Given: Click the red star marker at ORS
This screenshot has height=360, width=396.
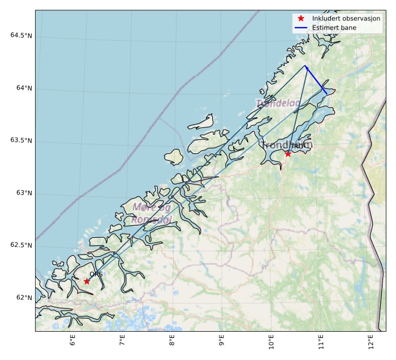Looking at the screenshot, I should [x=87, y=281].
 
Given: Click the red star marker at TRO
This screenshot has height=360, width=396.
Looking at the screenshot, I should [x=288, y=153].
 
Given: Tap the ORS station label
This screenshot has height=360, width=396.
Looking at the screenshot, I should [x=96, y=275].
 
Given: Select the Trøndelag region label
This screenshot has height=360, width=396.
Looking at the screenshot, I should [x=278, y=103].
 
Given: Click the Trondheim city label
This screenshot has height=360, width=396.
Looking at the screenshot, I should [x=287, y=145].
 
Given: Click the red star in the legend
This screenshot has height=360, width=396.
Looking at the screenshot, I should [x=301, y=19].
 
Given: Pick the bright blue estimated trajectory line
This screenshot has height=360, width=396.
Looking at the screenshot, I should [x=315, y=78].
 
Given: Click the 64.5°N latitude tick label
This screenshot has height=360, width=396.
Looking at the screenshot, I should [x=21, y=36].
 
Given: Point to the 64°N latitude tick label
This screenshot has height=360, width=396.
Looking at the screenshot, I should [x=23, y=88].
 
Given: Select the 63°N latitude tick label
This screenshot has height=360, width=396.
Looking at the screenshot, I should [x=23, y=193].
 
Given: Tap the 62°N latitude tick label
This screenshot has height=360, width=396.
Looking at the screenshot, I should [x=23, y=298].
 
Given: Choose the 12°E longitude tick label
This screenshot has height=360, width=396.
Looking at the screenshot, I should [x=371, y=342].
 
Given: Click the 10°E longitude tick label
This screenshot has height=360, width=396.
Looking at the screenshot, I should [x=271, y=342].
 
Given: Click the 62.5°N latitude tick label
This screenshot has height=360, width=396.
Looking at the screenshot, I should [x=21, y=245].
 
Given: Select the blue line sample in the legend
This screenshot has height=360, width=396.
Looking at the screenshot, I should [x=301, y=28].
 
